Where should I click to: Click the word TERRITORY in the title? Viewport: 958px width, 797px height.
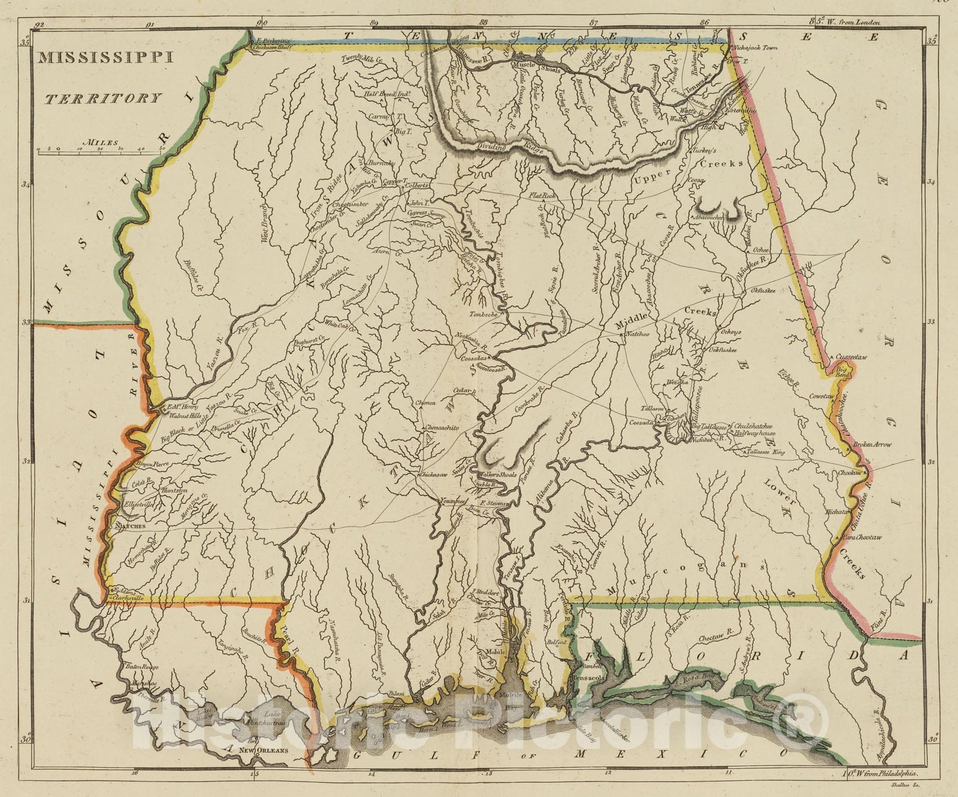[103, 98]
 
